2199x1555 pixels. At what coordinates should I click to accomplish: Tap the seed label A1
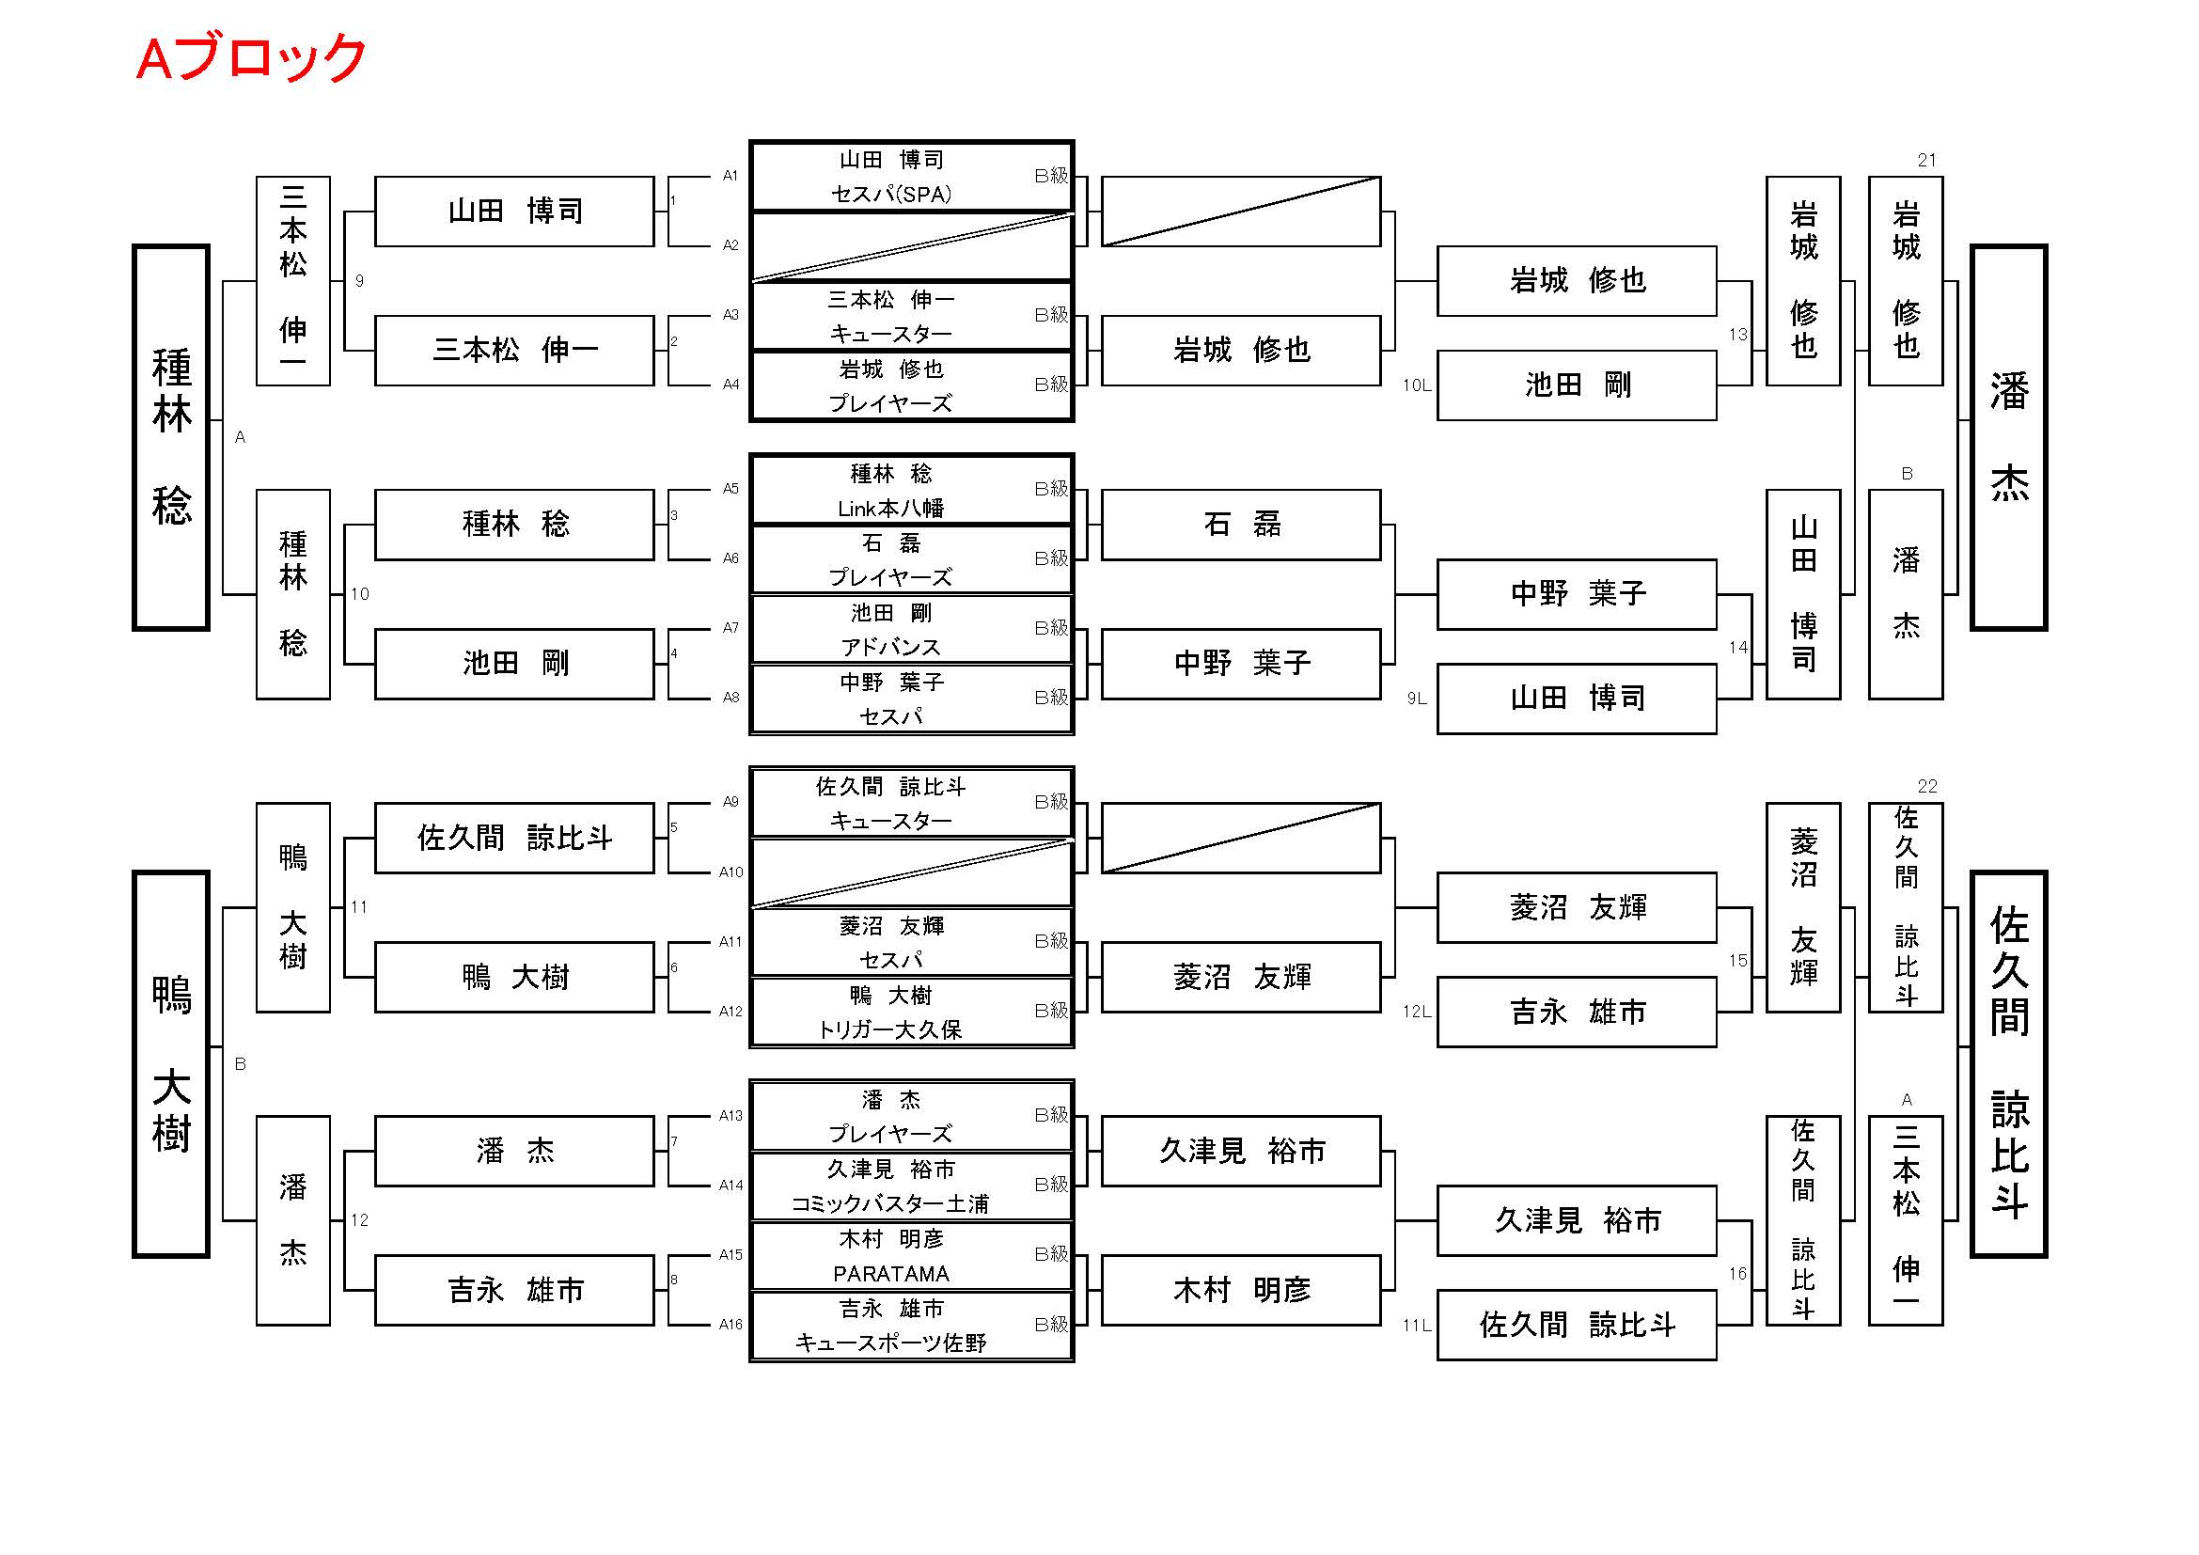(x=730, y=175)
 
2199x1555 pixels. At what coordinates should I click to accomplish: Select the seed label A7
(x=730, y=628)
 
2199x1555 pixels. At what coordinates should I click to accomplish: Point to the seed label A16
(x=730, y=1325)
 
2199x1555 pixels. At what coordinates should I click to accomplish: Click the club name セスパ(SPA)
(x=890, y=195)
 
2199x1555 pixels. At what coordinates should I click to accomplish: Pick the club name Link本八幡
(x=890, y=509)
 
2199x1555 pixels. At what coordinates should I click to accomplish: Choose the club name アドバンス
(x=890, y=647)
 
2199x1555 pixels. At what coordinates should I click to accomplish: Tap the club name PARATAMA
(x=890, y=1274)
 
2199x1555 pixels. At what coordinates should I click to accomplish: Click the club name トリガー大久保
(x=890, y=1029)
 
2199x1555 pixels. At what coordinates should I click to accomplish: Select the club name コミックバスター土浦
(x=890, y=1203)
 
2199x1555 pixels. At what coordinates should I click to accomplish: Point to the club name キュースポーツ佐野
(x=890, y=1343)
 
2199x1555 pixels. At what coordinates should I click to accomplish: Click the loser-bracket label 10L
(x=1417, y=385)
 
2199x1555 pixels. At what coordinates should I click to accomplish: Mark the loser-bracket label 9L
(x=1417, y=699)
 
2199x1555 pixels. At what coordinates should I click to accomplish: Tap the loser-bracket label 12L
(x=1417, y=1012)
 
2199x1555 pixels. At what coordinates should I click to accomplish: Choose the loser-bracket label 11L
(x=1417, y=1326)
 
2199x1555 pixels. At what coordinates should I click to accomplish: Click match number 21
(x=1927, y=160)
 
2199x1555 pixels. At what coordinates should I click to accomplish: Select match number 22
(x=1927, y=786)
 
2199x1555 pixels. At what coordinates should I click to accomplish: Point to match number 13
(x=1737, y=334)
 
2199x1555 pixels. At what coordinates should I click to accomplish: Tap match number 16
(x=1737, y=1274)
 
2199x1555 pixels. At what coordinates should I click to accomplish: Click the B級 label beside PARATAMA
(x=1051, y=1253)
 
